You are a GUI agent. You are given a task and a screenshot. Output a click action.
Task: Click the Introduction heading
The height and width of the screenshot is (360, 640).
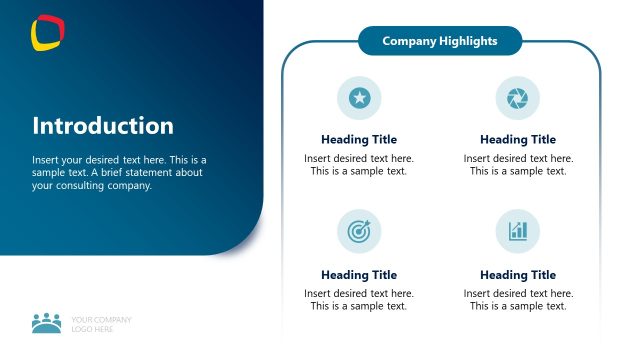point(103,126)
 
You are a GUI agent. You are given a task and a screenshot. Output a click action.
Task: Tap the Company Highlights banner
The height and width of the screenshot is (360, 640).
point(439,41)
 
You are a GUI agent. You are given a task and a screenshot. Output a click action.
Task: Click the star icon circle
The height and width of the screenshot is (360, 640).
point(359,97)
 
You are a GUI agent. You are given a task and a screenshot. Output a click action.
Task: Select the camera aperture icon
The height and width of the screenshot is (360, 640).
point(517,97)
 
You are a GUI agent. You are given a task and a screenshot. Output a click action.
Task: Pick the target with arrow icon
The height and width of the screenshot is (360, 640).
point(359,231)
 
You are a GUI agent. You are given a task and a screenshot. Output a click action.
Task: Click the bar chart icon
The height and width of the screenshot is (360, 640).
point(517,231)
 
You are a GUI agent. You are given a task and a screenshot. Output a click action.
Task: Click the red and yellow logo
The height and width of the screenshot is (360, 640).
point(47,32)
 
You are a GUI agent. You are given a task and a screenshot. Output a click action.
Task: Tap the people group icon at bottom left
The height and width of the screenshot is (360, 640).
point(47,323)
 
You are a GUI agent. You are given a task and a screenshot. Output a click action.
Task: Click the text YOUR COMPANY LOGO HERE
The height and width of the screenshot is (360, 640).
point(101,324)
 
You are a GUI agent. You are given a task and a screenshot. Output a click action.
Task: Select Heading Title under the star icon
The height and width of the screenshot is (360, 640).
point(359,140)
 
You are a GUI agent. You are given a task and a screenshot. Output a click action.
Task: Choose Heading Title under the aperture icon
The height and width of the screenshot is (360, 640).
point(517,140)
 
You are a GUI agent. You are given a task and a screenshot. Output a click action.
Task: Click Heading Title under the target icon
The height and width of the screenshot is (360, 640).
point(359,275)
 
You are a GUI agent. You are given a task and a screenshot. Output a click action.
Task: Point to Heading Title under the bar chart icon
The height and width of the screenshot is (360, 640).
point(517,275)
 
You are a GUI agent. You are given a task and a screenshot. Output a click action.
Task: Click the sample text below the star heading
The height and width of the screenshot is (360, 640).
point(359,165)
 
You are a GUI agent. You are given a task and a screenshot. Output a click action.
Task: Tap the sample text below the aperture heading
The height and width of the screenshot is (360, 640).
point(517,165)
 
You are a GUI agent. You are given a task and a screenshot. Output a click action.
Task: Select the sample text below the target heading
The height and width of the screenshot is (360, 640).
point(359,300)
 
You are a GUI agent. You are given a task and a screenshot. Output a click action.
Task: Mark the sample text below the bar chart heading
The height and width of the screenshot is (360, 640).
point(517,300)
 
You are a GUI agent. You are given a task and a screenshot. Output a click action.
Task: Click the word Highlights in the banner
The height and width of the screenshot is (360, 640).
point(468,41)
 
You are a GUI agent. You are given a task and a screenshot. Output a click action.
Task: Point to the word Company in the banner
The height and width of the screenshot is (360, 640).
point(410,41)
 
